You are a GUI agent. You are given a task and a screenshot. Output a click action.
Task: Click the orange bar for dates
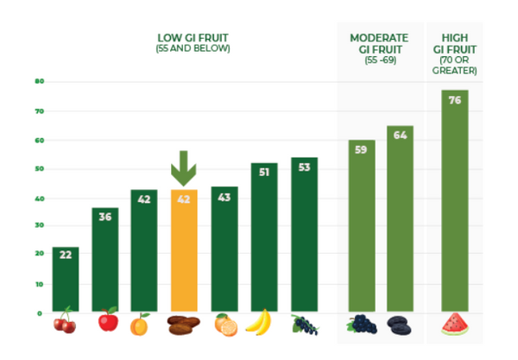(184, 250)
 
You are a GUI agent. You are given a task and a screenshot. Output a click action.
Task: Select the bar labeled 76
(455, 200)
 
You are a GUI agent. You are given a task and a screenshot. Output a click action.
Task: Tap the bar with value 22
(66, 279)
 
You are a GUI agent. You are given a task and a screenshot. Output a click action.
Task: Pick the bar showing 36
(105, 260)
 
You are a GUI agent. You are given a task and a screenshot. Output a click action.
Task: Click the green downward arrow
(184, 168)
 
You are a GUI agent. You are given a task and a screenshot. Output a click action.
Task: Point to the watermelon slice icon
(455, 324)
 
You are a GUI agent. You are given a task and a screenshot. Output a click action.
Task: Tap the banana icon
(259, 322)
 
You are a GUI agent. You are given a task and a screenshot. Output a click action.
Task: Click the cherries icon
(65, 320)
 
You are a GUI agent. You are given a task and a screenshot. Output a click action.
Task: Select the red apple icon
(109, 319)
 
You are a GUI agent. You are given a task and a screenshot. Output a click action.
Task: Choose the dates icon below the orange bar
(183, 325)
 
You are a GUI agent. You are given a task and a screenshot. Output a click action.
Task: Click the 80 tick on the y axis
(40, 81)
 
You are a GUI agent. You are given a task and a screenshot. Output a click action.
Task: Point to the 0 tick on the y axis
(40, 313)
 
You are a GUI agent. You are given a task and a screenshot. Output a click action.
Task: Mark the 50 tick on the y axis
(40, 168)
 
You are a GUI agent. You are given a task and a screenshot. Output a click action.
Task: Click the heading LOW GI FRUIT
(193, 38)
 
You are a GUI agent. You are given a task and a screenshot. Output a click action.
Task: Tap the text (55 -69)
(380, 60)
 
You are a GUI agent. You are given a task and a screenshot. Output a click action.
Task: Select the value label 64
(400, 135)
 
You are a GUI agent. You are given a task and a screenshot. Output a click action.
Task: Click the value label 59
(361, 149)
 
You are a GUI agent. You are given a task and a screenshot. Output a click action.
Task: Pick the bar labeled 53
(304, 235)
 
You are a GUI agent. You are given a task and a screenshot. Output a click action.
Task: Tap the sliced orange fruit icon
(226, 325)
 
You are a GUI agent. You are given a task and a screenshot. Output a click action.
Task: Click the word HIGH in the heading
(455, 38)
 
